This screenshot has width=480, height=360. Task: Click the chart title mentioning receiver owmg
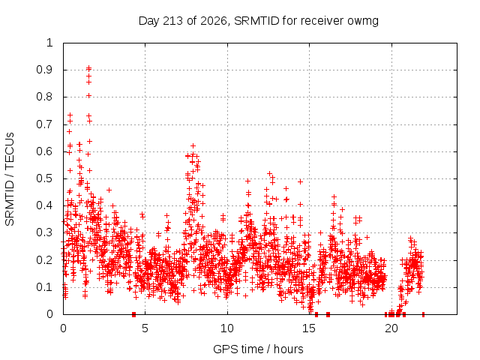click(258, 21)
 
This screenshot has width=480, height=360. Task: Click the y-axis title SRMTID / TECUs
click(10, 179)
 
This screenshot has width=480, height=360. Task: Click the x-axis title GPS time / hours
click(258, 349)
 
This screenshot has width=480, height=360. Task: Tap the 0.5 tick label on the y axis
click(44, 178)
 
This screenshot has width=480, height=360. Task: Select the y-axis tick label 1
click(49, 43)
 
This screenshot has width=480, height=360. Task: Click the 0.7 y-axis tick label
click(44, 124)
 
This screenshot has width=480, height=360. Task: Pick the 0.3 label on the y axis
click(44, 232)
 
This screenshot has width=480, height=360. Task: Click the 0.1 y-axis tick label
click(44, 287)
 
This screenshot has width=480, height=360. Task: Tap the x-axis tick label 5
click(145, 328)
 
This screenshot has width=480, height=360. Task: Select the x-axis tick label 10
click(227, 328)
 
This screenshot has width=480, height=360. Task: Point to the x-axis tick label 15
click(309, 328)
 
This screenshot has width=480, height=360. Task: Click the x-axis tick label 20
click(391, 328)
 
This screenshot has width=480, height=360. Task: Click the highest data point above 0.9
click(88, 68)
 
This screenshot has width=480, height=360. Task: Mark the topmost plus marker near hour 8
click(193, 145)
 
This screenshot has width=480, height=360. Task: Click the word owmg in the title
click(363, 22)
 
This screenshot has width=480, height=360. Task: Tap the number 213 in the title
click(173, 21)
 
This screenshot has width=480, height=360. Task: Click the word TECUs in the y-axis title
click(10, 148)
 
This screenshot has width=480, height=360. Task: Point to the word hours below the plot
click(288, 349)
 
